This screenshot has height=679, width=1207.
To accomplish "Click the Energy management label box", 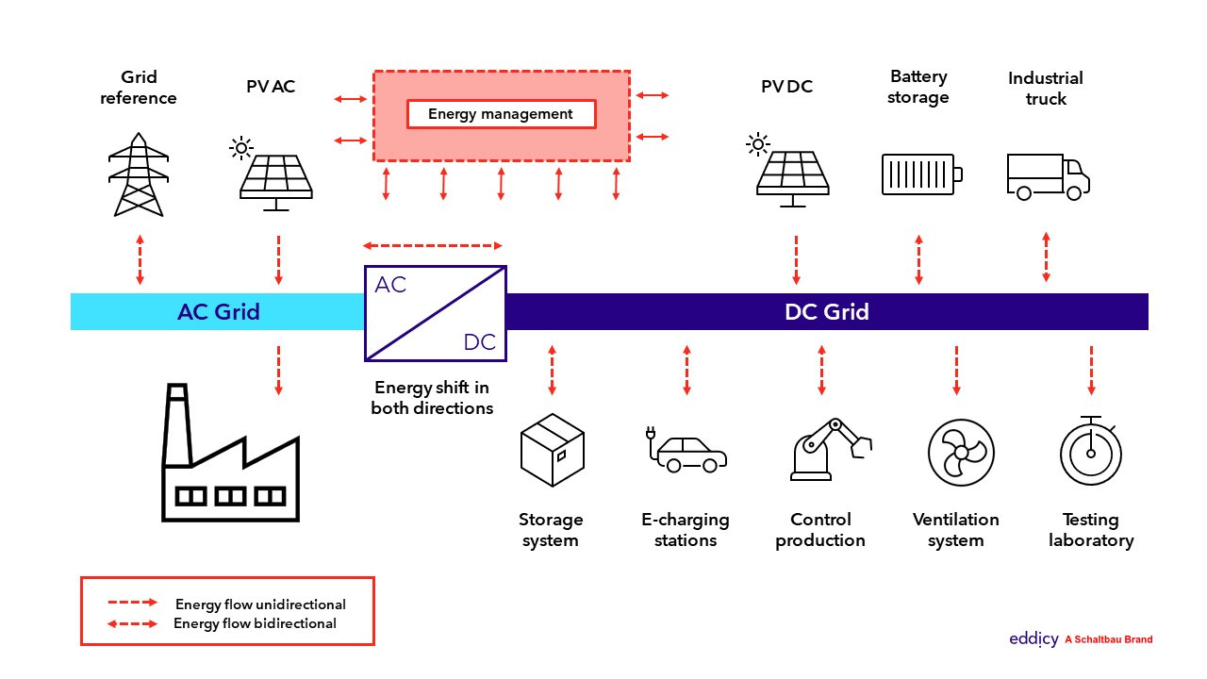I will [x=501, y=114].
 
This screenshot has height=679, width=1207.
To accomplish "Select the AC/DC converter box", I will [x=436, y=313].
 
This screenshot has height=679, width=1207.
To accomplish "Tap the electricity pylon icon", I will [x=139, y=176].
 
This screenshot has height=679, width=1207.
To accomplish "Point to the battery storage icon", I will [x=921, y=174].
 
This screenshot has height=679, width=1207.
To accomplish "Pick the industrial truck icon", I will [x=1048, y=176].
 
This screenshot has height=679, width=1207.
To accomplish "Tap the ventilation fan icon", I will [x=961, y=452].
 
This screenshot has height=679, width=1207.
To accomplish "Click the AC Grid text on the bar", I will [x=218, y=312].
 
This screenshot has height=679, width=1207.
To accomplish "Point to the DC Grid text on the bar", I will [x=826, y=312].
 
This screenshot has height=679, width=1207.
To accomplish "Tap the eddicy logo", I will [x=1033, y=639].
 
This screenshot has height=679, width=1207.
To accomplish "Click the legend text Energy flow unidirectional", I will [x=260, y=604].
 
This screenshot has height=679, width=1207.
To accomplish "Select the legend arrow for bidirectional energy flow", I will [x=131, y=623].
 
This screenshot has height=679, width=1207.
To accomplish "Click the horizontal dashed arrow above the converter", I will [x=433, y=245].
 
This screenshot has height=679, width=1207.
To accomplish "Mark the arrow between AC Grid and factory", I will [x=278, y=370].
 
